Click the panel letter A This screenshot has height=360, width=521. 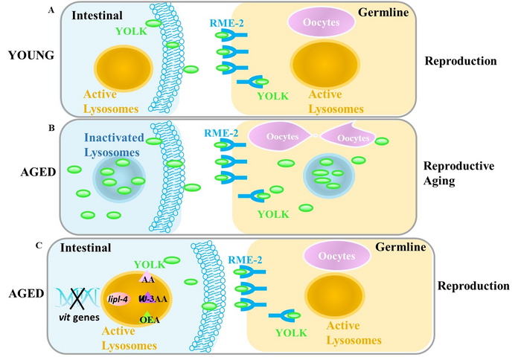(x=50, y=9)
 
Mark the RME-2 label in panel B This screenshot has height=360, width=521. (x=221, y=133)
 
